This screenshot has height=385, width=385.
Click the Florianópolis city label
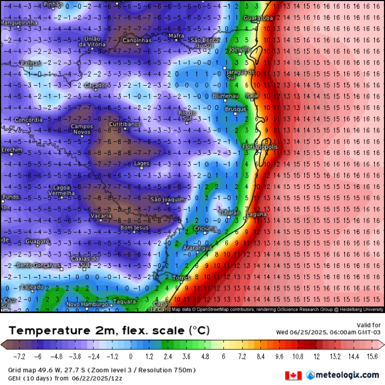click(260, 147)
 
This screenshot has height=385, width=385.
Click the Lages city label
click(141, 163)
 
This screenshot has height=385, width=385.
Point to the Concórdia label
click(29, 120)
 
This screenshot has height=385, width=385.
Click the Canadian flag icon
click(293, 375)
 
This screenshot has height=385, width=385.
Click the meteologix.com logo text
click(346, 375)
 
